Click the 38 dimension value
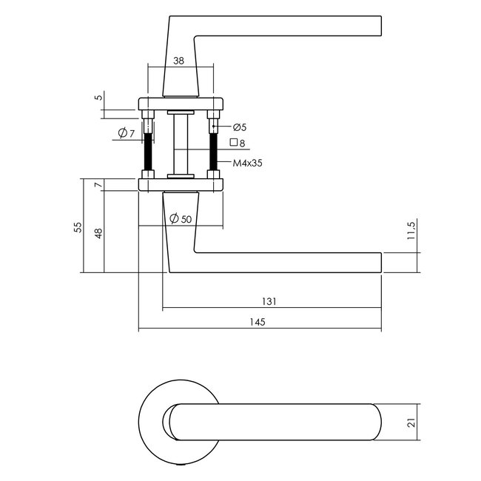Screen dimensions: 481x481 [178, 61]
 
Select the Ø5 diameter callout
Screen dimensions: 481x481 [240, 127]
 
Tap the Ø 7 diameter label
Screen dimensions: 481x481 [126, 133]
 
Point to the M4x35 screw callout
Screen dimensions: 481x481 [247, 163]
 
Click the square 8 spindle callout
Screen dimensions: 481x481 [238, 143]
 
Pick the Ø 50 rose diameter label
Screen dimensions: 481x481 [181, 218]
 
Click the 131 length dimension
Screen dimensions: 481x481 [269, 301]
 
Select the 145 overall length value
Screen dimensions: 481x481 [257, 322]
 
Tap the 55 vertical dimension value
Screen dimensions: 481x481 [78, 227]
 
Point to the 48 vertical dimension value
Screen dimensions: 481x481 [98, 233]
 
